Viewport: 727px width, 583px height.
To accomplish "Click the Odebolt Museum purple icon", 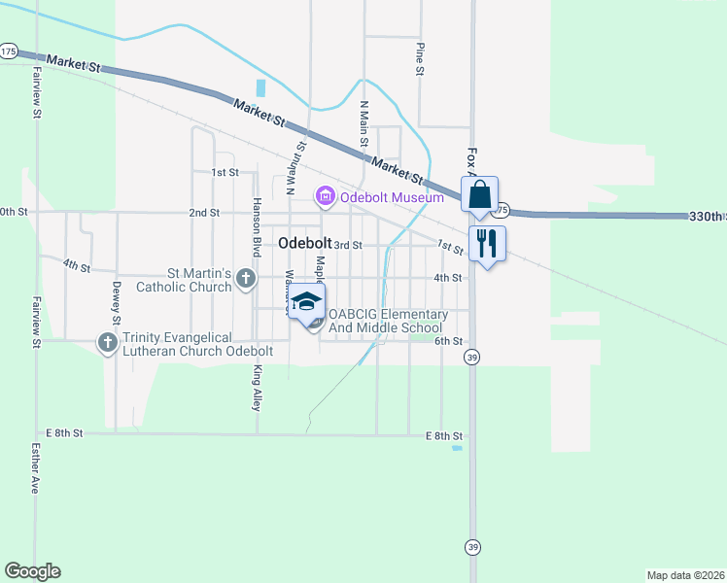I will pos(325,197).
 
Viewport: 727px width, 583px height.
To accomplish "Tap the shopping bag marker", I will pos(480,194).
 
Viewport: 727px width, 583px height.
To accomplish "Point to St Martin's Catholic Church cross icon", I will pos(246,280).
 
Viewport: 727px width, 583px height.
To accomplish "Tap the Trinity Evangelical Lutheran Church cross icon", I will pos(108,343).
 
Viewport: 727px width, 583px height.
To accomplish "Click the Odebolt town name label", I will pos(303,244).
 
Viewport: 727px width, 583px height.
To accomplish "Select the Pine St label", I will pos(420,58).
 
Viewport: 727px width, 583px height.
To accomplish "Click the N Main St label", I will pos(364,123).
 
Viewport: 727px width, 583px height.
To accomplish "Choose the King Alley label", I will pos(258,387).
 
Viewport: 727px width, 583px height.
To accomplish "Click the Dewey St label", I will pos(116,302).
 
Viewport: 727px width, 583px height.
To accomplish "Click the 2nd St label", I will pos(204,212).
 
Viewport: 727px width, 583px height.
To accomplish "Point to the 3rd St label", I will pos(347,245).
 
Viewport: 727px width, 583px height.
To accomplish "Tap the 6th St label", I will pos(447,341).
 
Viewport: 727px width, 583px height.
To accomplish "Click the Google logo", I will pos(32,571).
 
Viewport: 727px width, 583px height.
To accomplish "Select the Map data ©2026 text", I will pos(686,575).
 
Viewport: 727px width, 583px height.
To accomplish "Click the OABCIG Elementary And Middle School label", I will pos(388,321).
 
